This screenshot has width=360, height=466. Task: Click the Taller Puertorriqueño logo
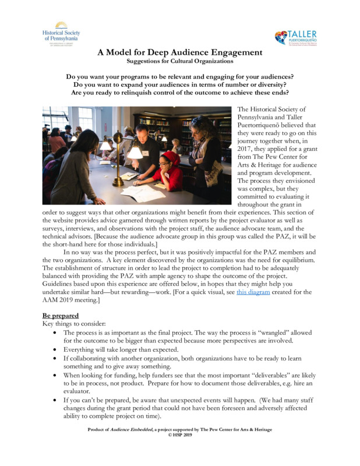[296, 37]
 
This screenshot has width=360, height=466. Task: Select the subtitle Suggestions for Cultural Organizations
[179, 61]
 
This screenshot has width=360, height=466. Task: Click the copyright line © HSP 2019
[179, 435]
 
